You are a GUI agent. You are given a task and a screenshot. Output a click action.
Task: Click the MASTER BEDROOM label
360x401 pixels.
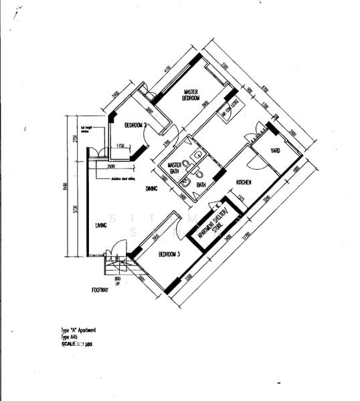[x=191, y=95]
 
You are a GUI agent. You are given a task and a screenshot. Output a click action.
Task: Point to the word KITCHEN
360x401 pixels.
[x=243, y=182]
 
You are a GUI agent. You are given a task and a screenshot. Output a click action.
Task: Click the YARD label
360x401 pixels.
[x=275, y=151]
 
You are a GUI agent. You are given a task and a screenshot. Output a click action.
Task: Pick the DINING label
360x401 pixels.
[x=152, y=189]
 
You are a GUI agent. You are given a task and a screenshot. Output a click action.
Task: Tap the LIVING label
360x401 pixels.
[x=101, y=225]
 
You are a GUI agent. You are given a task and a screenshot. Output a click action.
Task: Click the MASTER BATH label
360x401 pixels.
[x=175, y=167]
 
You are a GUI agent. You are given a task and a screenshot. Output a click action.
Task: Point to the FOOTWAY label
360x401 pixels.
[x=100, y=290]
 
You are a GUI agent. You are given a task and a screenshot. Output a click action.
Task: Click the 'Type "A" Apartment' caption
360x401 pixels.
[x=78, y=330]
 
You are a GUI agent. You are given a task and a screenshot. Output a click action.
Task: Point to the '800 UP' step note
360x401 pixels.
[x=118, y=280]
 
